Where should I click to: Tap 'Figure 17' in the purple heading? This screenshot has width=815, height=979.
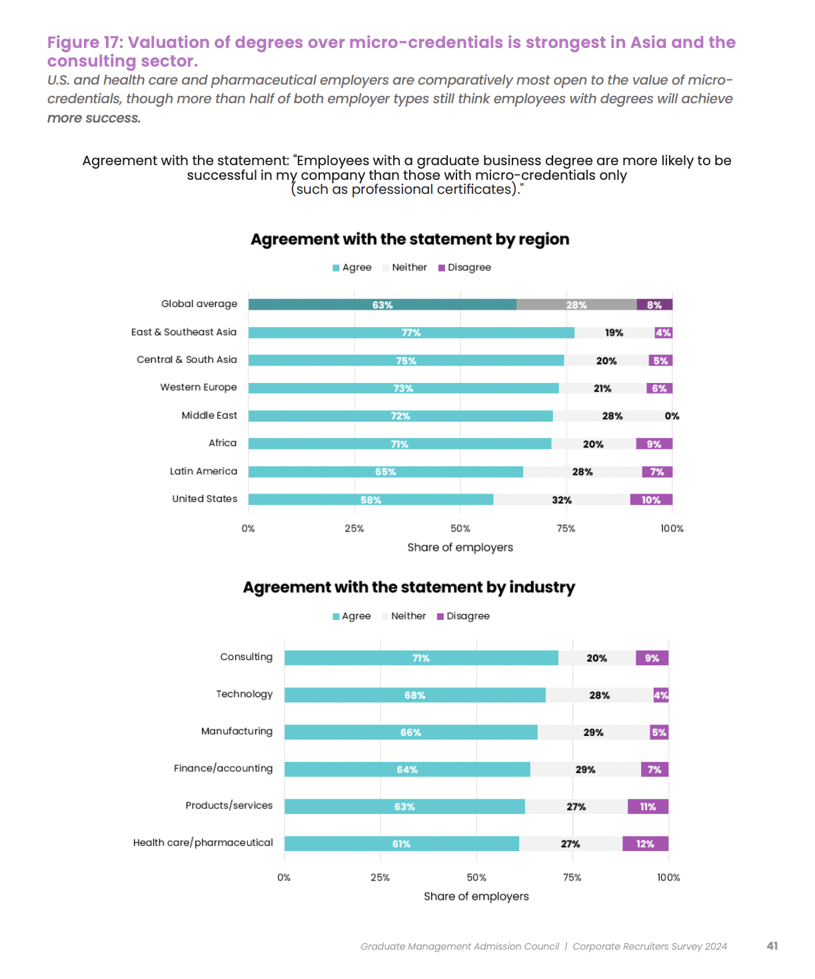85,42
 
